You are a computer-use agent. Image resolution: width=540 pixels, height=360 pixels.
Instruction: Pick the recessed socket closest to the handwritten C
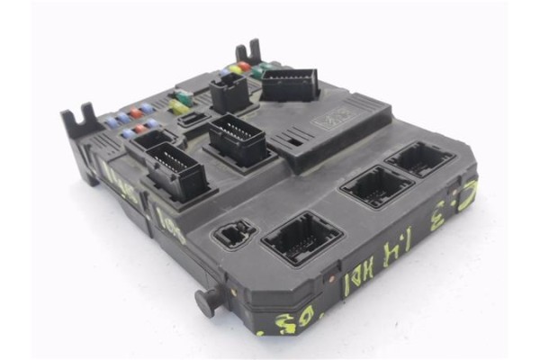click(x=420, y=160)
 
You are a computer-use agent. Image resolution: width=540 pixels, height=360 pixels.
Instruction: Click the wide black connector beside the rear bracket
click(x=288, y=85)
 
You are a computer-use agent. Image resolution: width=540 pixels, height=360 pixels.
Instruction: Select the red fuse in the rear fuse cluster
click(x=244, y=67)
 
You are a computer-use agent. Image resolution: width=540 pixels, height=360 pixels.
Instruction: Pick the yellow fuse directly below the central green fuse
click(x=181, y=107)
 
